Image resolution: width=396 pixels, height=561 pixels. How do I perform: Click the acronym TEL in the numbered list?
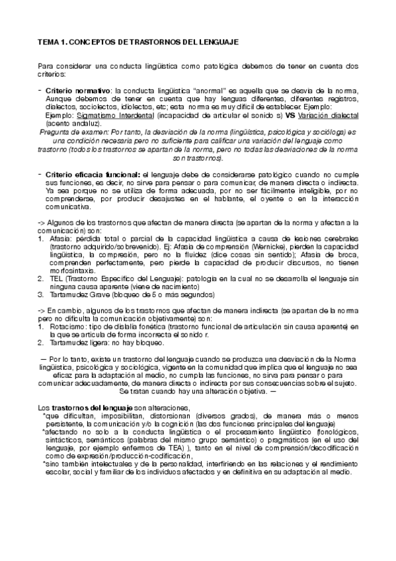(53, 279)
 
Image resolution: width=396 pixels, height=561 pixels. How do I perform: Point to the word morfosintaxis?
(72, 270)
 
